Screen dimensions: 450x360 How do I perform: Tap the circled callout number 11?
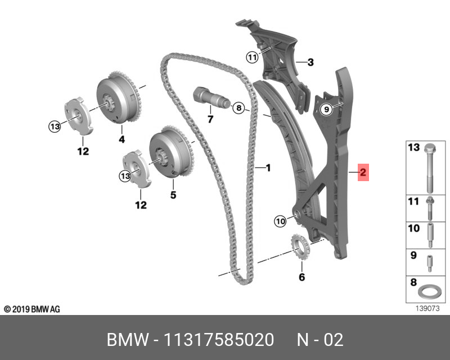point(251,57)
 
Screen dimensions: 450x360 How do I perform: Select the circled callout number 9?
point(325,110)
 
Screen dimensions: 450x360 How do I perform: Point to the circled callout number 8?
point(238,107)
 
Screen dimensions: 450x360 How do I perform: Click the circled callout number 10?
point(280,222)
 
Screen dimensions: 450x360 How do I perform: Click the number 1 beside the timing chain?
point(268,168)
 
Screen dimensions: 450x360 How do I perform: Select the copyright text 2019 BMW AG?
point(31,309)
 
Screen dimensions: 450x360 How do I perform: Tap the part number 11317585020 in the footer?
point(219,340)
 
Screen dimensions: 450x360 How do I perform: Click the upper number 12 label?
point(83,151)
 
